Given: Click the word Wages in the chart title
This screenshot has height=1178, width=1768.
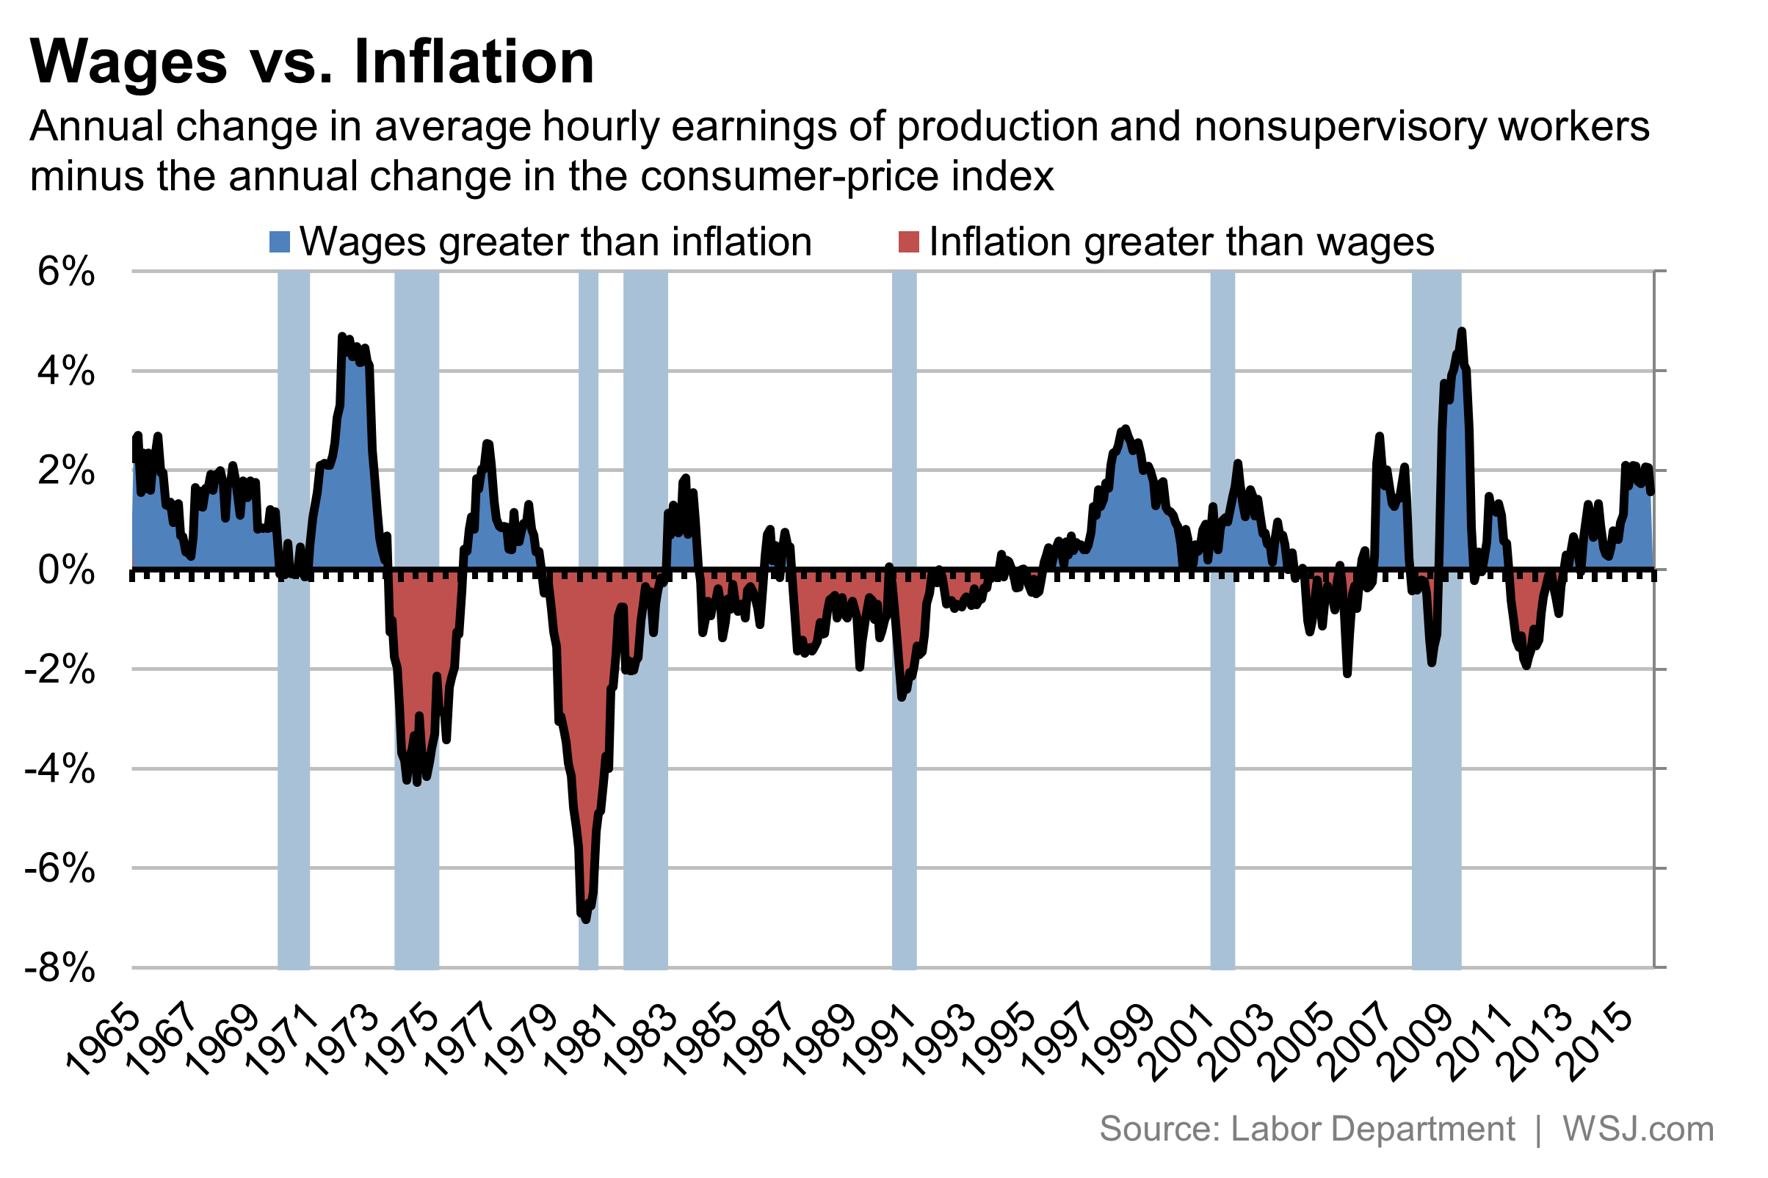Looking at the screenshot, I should (128, 62).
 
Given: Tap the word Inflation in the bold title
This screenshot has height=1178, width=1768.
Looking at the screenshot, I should (474, 62).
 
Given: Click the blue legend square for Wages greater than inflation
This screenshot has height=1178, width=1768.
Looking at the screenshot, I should (280, 242).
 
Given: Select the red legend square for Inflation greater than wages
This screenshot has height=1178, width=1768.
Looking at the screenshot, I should (908, 242).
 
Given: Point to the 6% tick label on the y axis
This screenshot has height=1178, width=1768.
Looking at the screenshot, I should (66, 272).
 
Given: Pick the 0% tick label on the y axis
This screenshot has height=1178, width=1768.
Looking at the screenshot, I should (66, 571).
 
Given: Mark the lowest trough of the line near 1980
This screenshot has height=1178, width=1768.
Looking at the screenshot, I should (586, 919).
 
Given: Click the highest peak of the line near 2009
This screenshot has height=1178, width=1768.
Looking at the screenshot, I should (1461, 331).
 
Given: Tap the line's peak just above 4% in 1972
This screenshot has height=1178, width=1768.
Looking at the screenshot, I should (342, 338).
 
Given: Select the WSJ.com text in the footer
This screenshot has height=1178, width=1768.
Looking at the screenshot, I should (1638, 1129).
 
